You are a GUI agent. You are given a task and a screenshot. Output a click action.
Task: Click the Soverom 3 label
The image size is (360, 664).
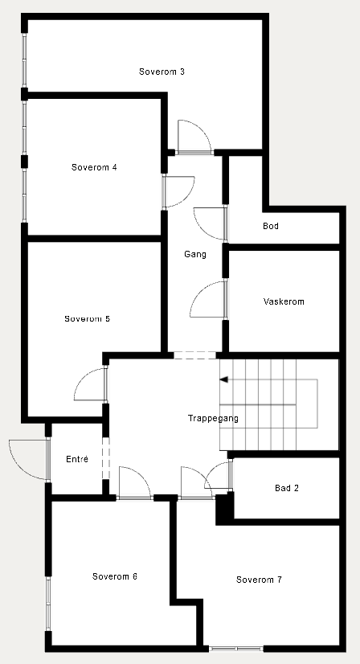(x=162, y=72)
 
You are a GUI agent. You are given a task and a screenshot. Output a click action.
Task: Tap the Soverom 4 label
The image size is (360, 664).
(x=94, y=167)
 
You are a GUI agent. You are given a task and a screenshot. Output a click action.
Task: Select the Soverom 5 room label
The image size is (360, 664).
(x=87, y=318)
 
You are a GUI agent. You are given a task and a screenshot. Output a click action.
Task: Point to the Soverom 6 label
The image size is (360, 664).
(x=115, y=576)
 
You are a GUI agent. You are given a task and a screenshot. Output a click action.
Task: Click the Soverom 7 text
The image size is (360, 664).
(x=259, y=580)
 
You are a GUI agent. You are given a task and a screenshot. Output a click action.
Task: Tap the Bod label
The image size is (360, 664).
(x=271, y=226)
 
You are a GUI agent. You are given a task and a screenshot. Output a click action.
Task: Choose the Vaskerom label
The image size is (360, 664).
(x=284, y=301)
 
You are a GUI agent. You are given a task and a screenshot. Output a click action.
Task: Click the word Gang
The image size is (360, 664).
(x=195, y=254)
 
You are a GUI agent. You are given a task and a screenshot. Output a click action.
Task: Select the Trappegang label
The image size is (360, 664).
(x=213, y=418)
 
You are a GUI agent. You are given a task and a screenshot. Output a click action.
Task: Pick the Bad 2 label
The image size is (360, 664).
(x=287, y=488)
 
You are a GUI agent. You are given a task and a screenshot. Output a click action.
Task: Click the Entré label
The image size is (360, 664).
(x=77, y=459)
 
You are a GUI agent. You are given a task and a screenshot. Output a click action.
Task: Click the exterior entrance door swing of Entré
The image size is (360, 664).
(x=27, y=459)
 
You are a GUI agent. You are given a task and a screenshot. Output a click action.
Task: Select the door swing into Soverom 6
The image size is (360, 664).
(x=134, y=483)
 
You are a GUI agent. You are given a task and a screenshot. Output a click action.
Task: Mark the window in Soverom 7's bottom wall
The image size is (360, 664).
(x=236, y=648)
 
